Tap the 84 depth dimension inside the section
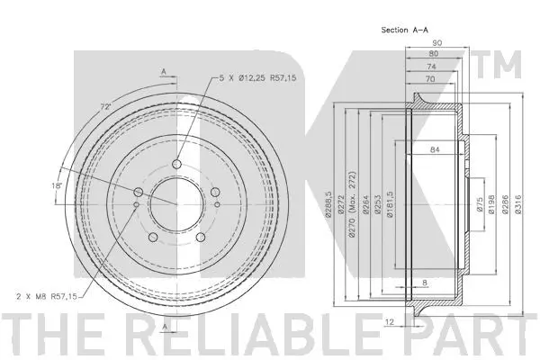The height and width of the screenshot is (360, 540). (x=436, y=149)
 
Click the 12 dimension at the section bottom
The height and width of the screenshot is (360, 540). (x=390, y=319)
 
